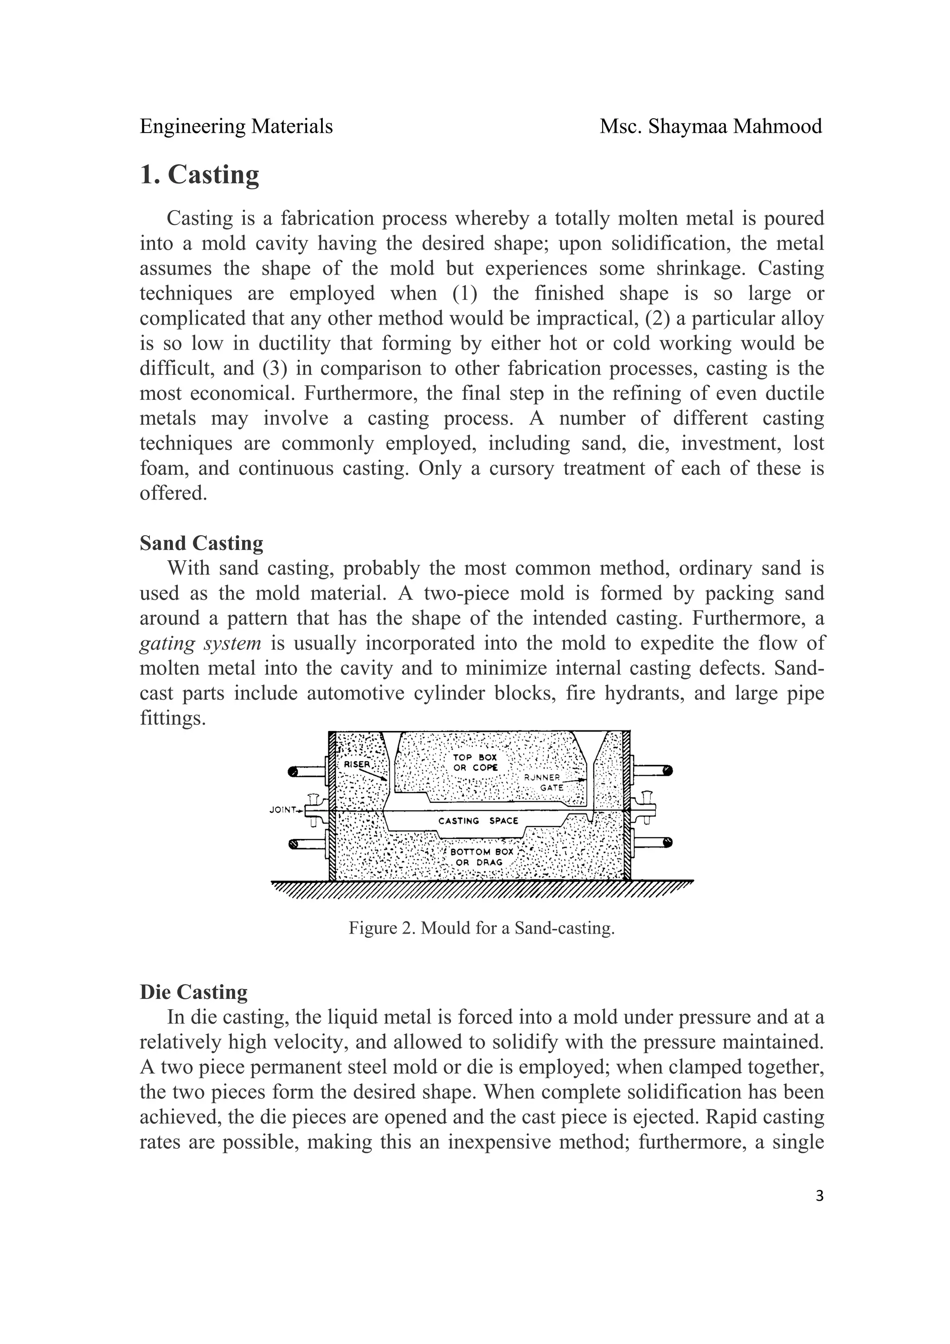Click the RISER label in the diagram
pos(356,764)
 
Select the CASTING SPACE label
pos(478,821)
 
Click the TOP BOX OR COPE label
pos(475,762)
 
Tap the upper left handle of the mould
pos(307,772)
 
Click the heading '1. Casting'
pos(199,174)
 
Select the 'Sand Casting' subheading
pos(201,543)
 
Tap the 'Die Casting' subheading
pos(194,992)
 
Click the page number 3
pos(819,1196)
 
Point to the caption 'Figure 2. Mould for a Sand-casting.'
pos(481,928)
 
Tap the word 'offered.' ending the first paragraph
pos(173,493)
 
